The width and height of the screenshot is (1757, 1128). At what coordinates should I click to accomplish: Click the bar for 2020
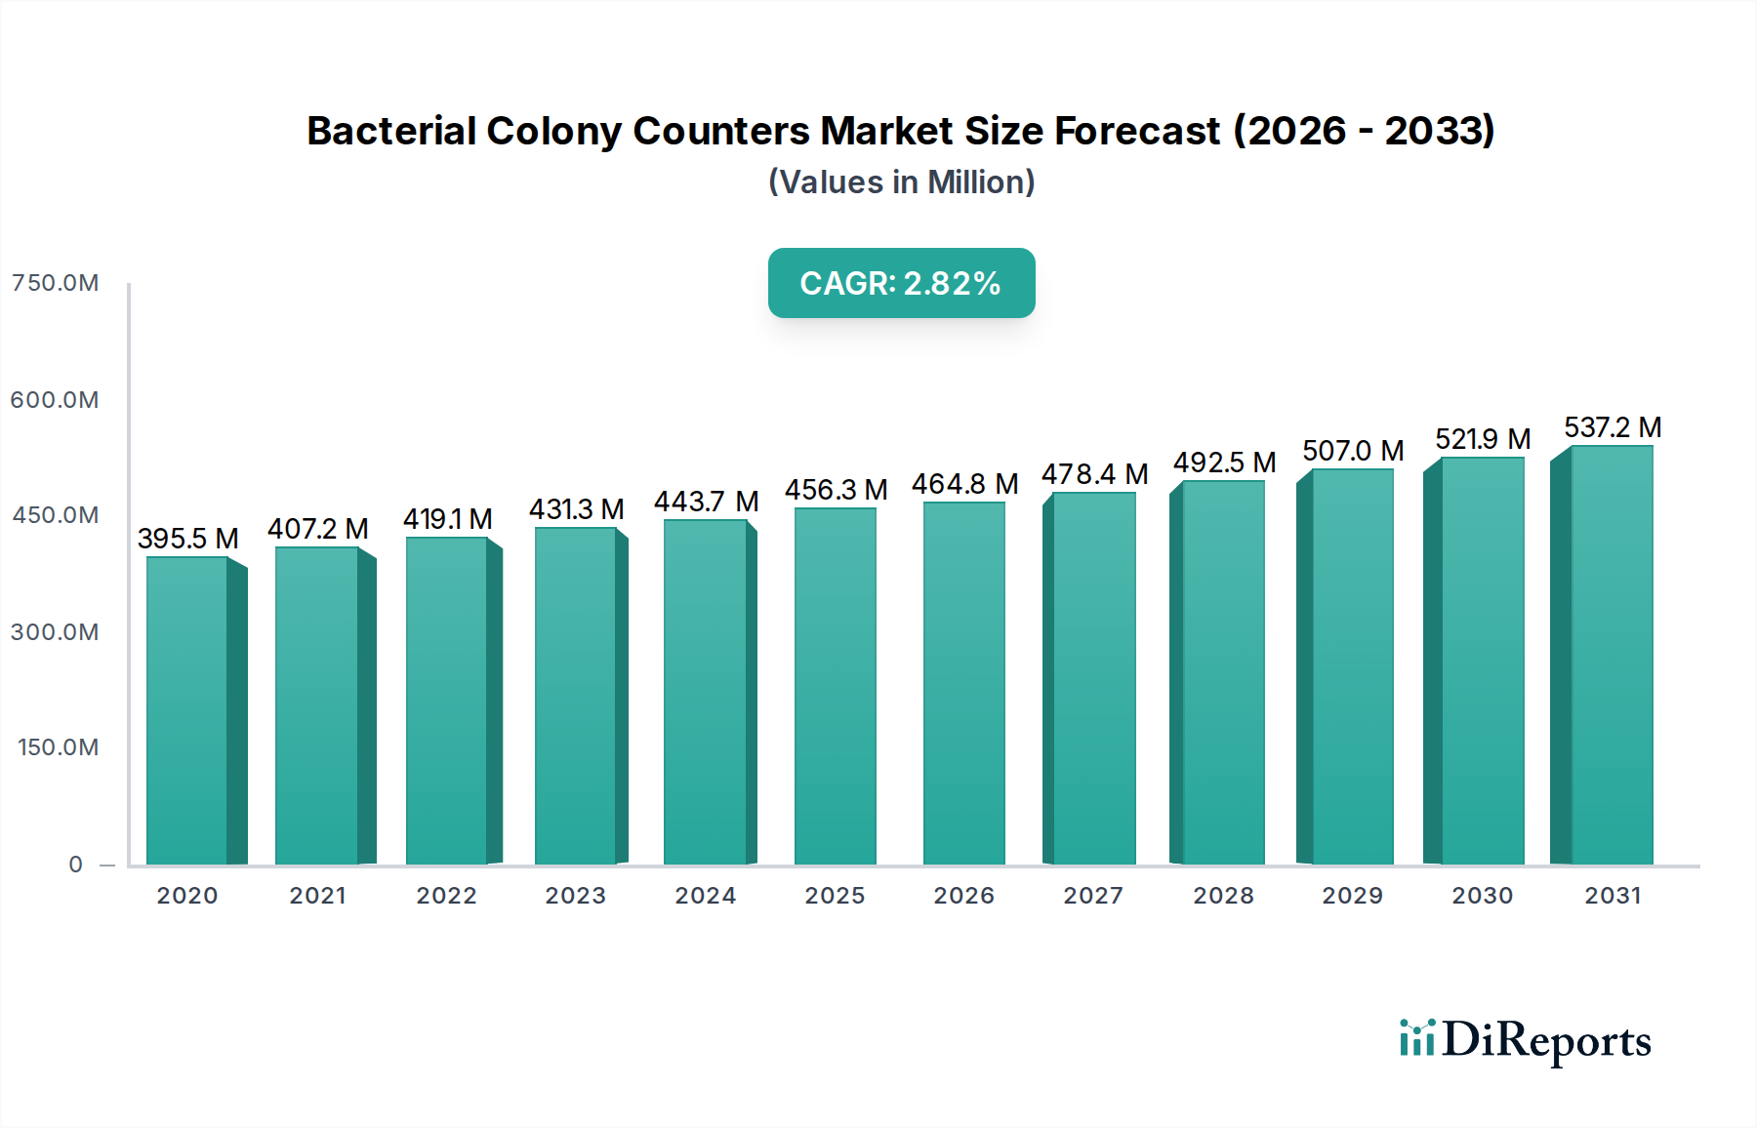point(187,710)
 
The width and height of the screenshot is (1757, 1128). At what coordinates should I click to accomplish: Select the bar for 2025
point(836,686)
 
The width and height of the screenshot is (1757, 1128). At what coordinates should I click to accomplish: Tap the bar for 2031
point(1612,655)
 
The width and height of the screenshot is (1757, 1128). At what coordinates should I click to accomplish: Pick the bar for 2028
point(1223,672)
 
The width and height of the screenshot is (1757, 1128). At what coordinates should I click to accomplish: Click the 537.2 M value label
point(1613,427)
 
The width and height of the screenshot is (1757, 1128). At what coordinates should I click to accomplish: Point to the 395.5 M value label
point(188,539)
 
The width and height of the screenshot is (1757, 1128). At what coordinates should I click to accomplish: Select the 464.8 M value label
point(964,484)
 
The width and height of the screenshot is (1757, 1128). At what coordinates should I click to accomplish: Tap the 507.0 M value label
point(1353,451)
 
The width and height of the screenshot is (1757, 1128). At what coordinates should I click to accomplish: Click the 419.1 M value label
point(447,519)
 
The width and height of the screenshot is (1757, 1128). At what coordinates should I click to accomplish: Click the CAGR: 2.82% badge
point(901,283)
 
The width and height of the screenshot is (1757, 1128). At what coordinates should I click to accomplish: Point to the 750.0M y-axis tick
point(56,283)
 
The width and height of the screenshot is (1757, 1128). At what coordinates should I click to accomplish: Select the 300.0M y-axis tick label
point(56,632)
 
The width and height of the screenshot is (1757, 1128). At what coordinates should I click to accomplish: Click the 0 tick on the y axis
point(76,865)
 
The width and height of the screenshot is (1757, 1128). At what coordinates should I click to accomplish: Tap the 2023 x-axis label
point(576,896)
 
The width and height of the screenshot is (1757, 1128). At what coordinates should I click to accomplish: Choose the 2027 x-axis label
point(1093,896)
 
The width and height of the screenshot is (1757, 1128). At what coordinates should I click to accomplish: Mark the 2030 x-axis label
point(1482,896)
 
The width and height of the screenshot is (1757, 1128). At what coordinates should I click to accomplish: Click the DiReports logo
point(1525,1040)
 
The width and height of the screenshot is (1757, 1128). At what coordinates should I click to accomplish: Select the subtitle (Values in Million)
point(901,182)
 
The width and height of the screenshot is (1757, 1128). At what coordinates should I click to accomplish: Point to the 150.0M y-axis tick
point(59,747)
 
